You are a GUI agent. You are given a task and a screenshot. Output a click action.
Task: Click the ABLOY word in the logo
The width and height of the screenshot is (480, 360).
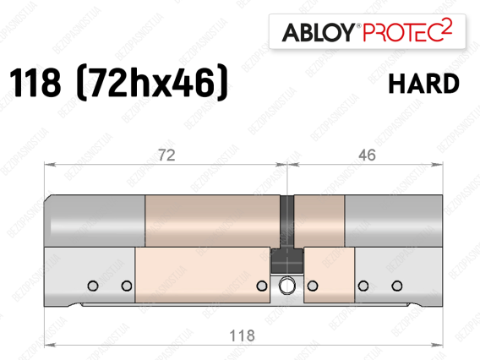tap(319, 32)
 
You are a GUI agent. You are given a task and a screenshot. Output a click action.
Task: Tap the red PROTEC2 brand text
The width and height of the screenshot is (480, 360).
tap(407, 30)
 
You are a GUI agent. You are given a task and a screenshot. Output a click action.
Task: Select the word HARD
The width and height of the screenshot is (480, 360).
tap(423, 84)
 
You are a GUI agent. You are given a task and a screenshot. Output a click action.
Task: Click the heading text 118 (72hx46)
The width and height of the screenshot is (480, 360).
tap(119, 82)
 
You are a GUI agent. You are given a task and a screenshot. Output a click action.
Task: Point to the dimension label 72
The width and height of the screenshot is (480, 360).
tap(166, 155)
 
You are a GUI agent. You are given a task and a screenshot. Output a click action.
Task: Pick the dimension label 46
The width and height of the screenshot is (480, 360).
tap(367, 155)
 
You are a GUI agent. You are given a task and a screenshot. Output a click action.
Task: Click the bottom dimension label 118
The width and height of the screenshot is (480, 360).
tap(242, 335)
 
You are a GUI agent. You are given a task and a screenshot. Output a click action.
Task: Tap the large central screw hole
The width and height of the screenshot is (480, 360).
tap(287, 286)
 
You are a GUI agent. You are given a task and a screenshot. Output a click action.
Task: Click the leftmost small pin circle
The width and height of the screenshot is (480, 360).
tap(93, 286)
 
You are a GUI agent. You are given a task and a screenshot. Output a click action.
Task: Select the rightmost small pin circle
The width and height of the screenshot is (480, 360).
tap(397, 286)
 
